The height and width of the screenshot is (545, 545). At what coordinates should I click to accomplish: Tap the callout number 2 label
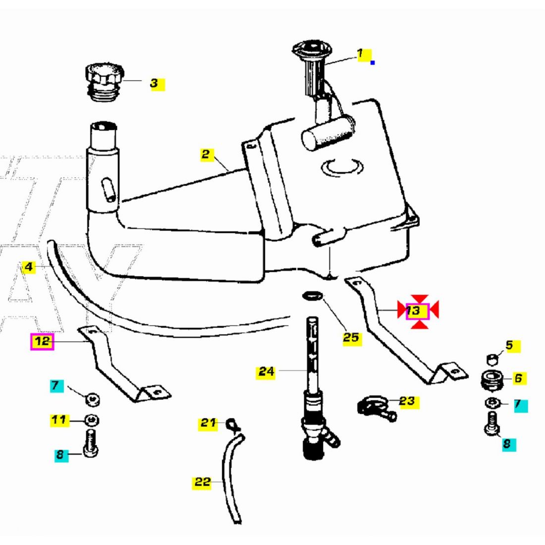pos(206,154)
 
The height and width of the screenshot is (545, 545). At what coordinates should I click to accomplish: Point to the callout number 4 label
pos(29,267)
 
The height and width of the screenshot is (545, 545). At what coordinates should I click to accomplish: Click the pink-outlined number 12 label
pos(42,341)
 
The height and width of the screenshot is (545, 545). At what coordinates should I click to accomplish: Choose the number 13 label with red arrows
pos(414,311)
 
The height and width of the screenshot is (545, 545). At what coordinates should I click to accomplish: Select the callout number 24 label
pos(267,371)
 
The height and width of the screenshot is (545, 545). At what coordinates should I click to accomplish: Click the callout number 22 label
pos(202,482)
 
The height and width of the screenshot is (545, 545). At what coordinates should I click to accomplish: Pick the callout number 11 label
pos(59,421)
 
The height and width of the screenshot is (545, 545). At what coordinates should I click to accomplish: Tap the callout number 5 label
pos(509,346)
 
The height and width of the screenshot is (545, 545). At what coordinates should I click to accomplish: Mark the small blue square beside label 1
pos(373,62)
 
